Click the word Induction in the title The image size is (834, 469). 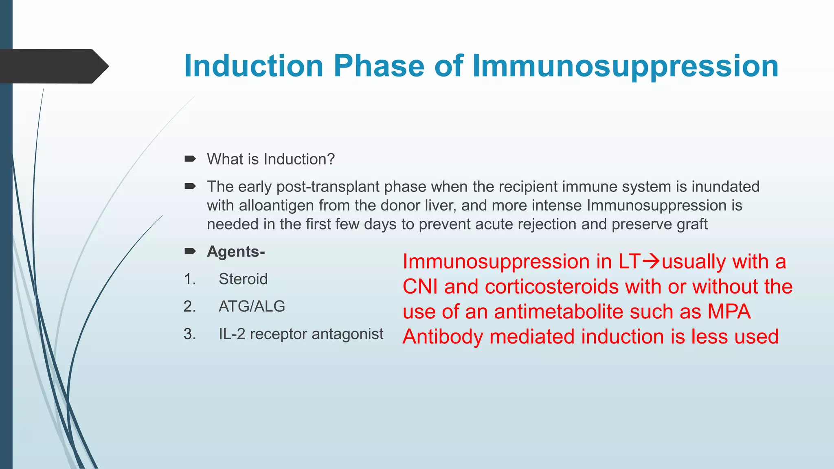pyautogui.click(x=253, y=66)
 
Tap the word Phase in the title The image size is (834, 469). pyautogui.click(x=379, y=66)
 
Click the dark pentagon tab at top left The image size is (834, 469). pyautogui.click(x=53, y=66)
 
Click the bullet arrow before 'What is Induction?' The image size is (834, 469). pyautogui.click(x=190, y=159)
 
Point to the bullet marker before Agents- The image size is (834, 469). pyautogui.click(x=190, y=251)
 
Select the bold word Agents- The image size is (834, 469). pyautogui.click(x=236, y=252)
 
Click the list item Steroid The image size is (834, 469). pyautogui.click(x=243, y=279)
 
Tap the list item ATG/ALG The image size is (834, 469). pyautogui.click(x=252, y=306)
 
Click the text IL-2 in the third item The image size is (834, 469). pyautogui.click(x=232, y=334)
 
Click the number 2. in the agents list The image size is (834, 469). pyautogui.click(x=190, y=306)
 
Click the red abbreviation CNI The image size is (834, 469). pyautogui.click(x=420, y=287)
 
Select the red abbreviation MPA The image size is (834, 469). pyautogui.click(x=729, y=312)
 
